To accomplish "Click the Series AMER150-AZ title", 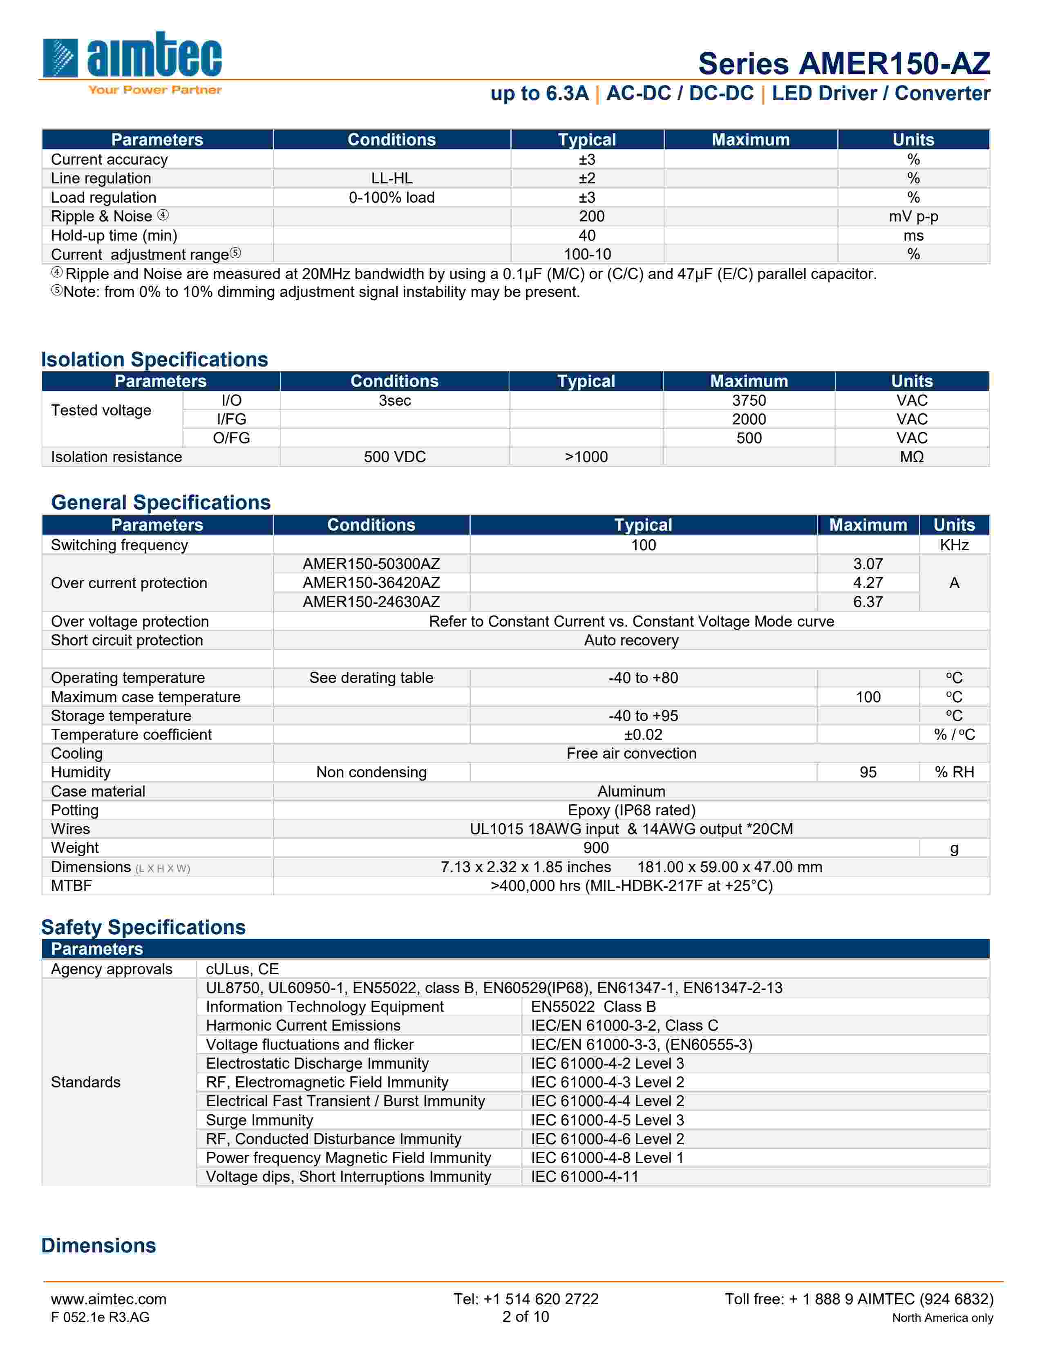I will pos(843,64).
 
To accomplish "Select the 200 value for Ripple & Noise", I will pos(591,216).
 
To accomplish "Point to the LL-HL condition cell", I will pos(391,179).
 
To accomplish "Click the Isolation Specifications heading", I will pos(154,359).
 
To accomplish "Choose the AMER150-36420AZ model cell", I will pos(371,582).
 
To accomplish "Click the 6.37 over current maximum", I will pos(867,602).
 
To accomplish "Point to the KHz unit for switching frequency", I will pos(954,545).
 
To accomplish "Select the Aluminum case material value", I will pos(631,791).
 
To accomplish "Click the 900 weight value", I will pos(596,848).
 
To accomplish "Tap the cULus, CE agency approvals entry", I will pos(242,969).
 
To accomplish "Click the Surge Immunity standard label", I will pos(259,1120).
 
